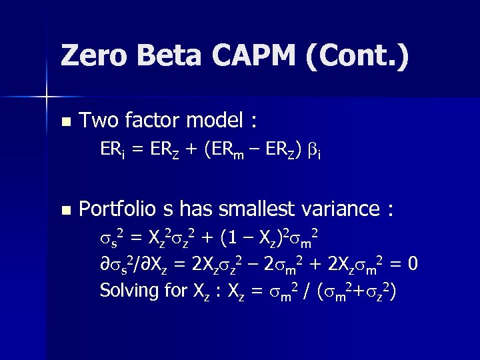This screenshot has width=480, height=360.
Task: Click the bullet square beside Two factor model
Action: pos(65,122)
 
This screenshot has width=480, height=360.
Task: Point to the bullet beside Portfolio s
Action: pos(65,210)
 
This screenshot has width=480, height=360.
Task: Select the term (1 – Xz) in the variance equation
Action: pos(254,238)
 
